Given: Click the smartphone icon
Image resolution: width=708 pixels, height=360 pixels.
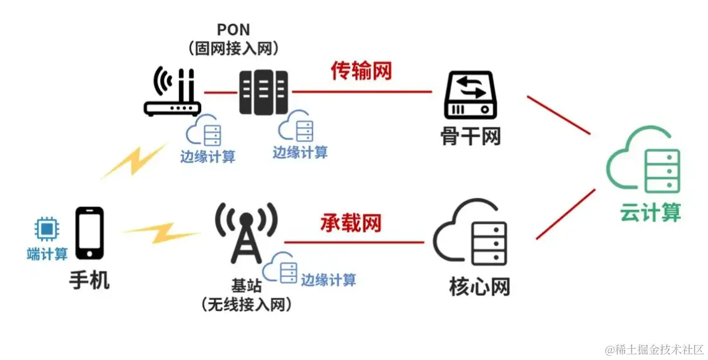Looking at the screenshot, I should pyautogui.click(x=89, y=233).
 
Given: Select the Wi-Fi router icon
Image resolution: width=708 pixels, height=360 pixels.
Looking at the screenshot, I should pyautogui.click(x=171, y=94).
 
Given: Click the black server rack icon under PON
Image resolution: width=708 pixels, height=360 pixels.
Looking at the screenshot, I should pyautogui.click(x=264, y=92).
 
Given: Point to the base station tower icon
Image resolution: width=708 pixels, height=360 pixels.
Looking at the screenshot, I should pyautogui.click(x=247, y=233).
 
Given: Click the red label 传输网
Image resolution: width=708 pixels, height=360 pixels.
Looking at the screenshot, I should pyautogui.click(x=361, y=71).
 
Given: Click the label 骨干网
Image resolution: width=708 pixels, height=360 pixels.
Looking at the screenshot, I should pyautogui.click(x=470, y=136).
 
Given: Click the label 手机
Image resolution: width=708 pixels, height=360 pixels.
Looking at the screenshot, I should pyautogui.click(x=89, y=281).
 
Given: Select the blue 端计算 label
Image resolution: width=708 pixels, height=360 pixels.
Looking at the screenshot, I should pyautogui.click(x=47, y=254).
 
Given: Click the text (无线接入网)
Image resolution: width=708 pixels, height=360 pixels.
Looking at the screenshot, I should pyautogui.click(x=247, y=304).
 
